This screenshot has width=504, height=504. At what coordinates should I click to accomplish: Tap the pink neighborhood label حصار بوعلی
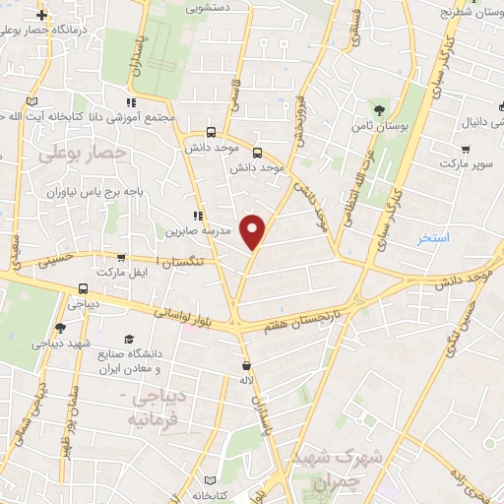[x=84, y=154]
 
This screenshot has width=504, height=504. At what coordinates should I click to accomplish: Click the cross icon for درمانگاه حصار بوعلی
[x=40, y=16]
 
